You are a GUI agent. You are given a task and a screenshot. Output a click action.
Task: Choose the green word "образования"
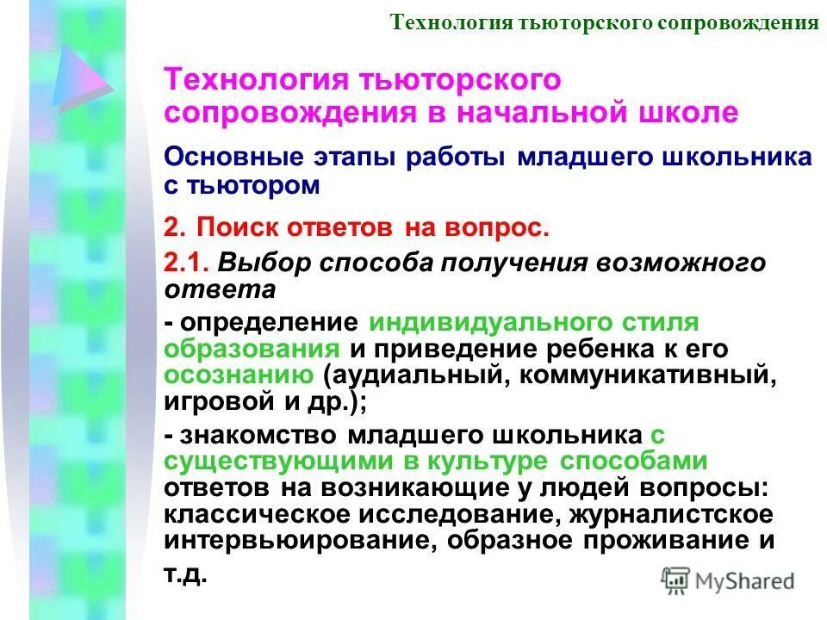click(251, 349)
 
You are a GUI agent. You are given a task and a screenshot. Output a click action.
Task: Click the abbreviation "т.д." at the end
click(185, 574)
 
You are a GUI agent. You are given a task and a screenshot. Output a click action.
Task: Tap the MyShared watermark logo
click(727, 580)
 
